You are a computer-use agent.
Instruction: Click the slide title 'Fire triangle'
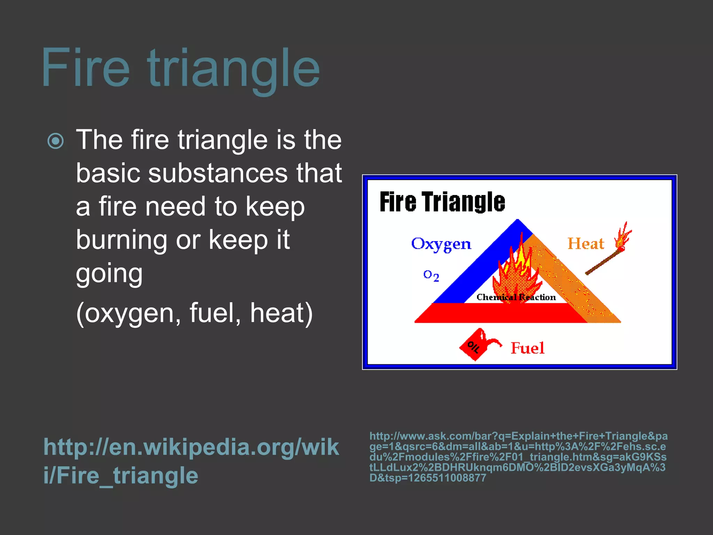click(180, 68)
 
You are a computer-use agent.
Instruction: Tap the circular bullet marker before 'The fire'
click(56, 141)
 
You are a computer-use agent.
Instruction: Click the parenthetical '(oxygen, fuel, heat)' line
click(194, 313)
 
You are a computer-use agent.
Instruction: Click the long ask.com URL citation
click(518, 457)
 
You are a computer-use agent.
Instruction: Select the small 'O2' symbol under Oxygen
click(431, 276)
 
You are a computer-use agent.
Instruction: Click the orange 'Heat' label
click(586, 244)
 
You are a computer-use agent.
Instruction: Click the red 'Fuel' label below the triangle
click(527, 348)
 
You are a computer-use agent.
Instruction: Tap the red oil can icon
click(477, 344)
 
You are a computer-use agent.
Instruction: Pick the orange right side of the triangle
click(571, 279)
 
